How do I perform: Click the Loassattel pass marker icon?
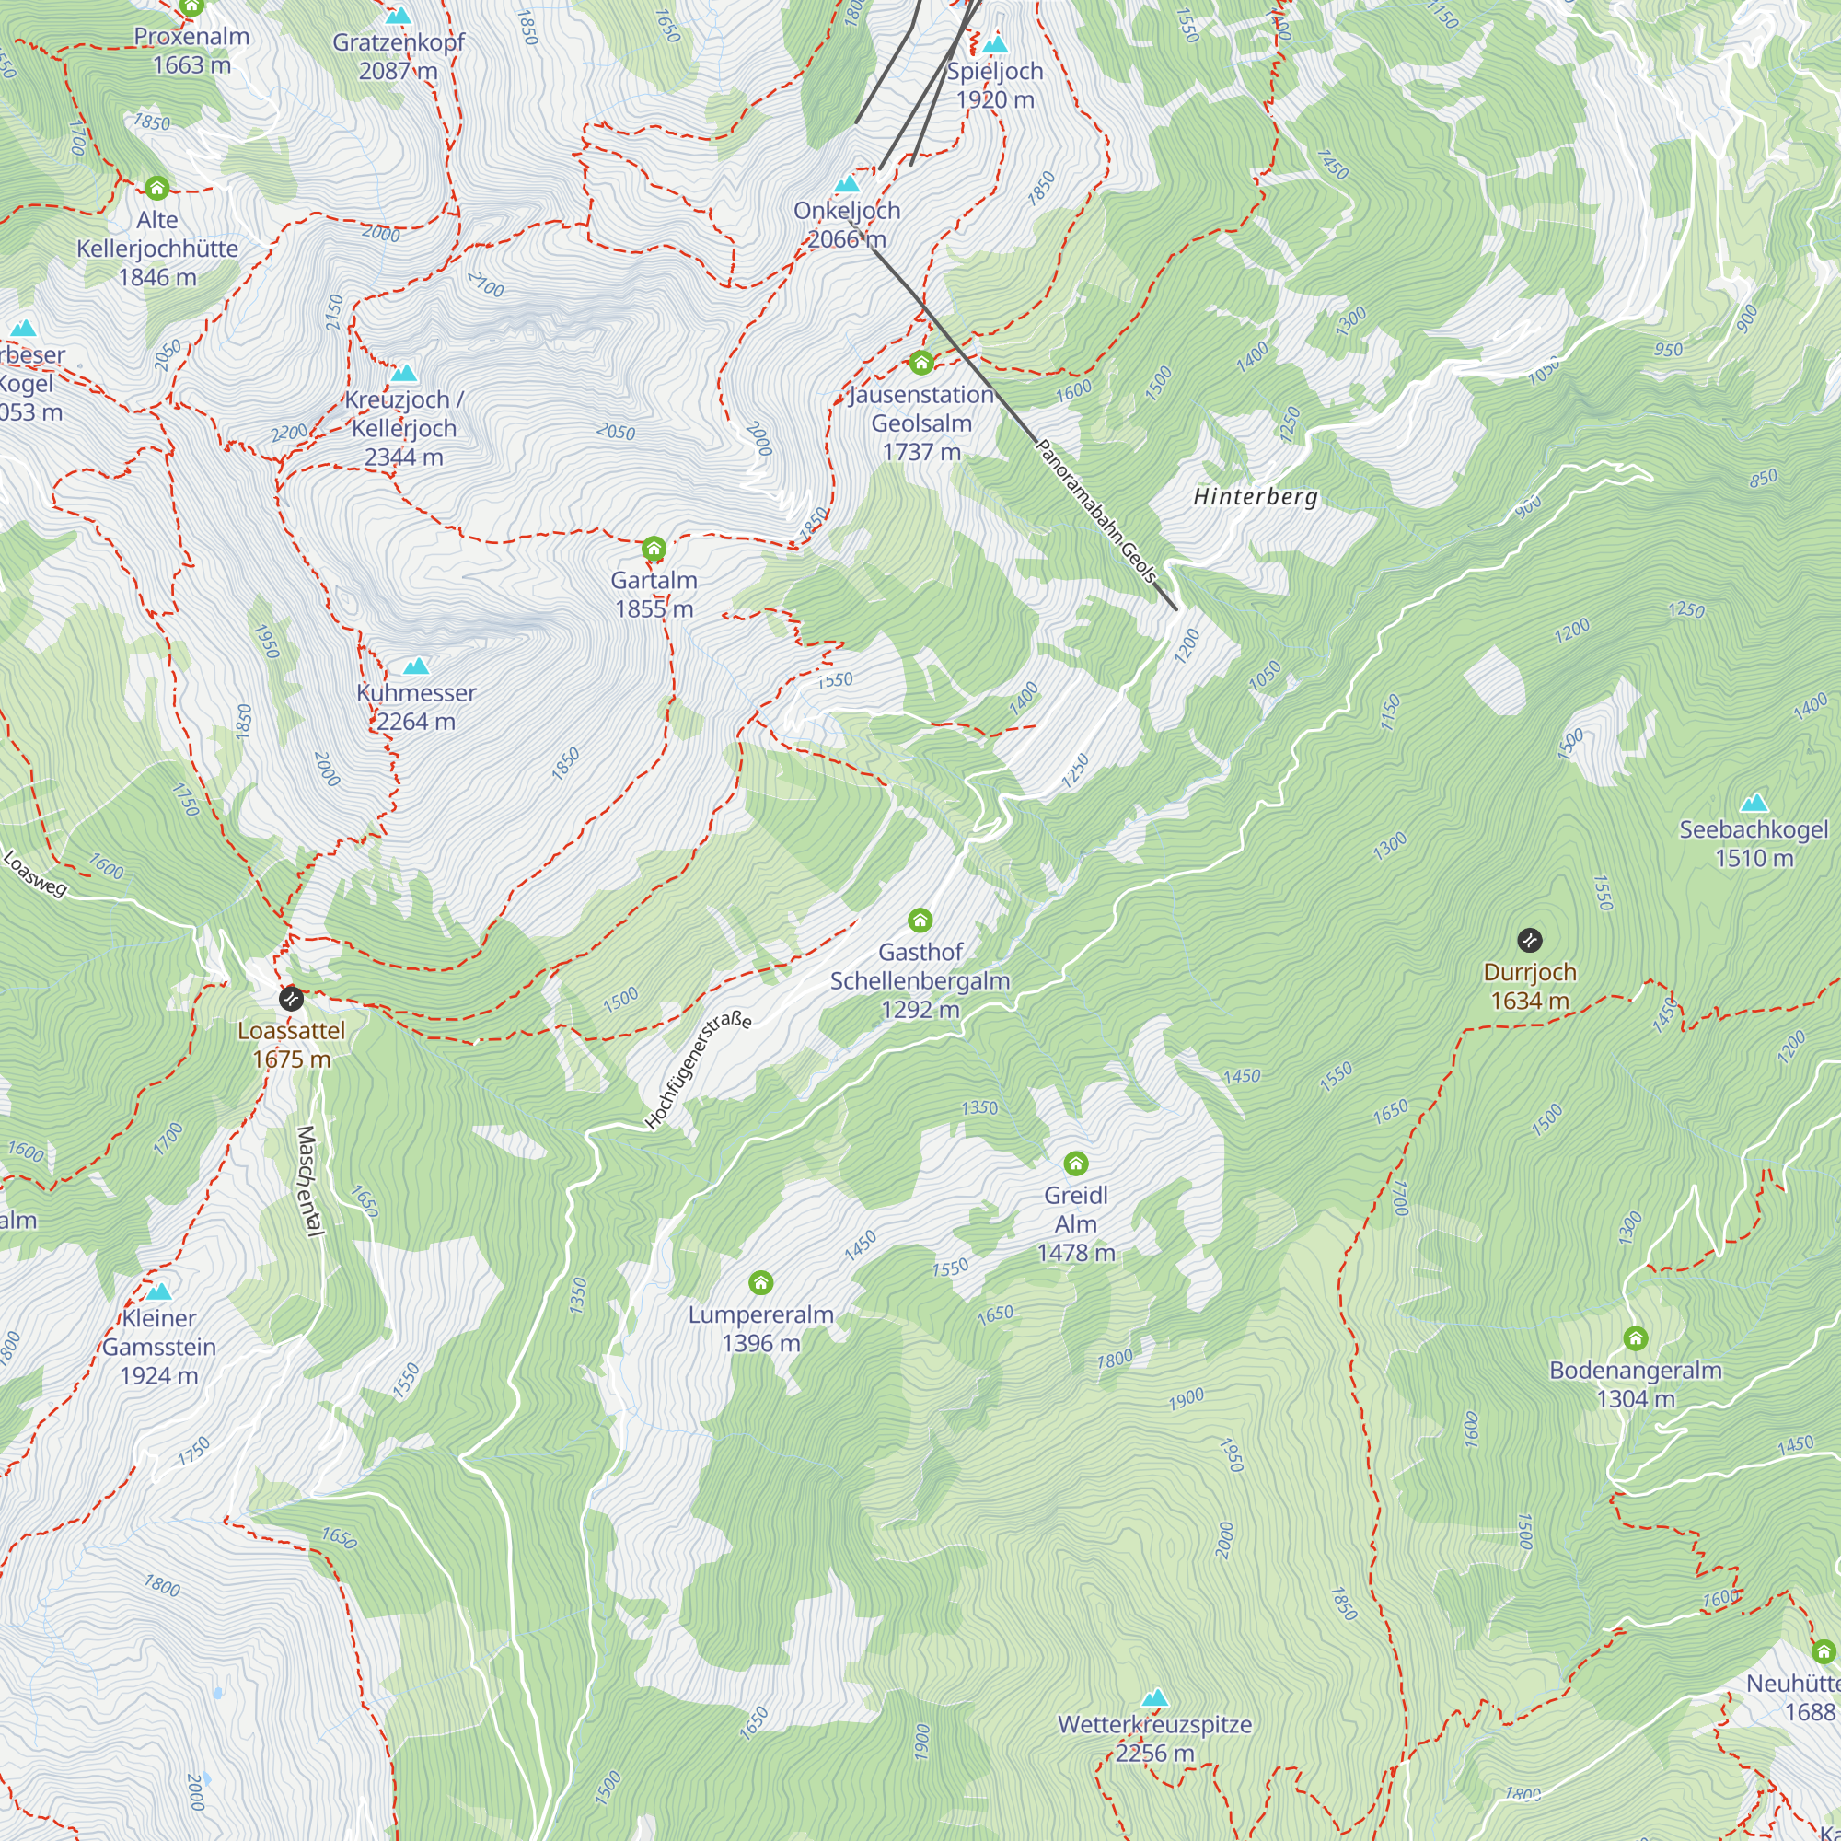tap(292, 999)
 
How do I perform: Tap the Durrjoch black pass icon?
tap(1529, 941)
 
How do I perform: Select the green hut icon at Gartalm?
tap(654, 549)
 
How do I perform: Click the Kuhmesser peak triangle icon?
tap(416, 666)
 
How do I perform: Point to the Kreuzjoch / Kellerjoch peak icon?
tap(404, 373)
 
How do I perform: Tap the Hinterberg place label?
tap(1255, 496)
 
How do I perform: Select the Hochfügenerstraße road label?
tap(698, 1071)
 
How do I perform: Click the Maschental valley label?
tap(307, 1181)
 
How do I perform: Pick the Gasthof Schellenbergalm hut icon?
tap(920, 920)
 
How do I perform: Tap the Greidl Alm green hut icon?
tap(1076, 1164)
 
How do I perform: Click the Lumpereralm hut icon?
tap(760, 1282)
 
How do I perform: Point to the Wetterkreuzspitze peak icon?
tap(1155, 1697)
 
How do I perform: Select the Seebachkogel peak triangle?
tap(1754, 803)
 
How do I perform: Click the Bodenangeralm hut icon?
tap(1635, 1338)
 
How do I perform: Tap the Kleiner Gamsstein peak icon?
tap(159, 1292)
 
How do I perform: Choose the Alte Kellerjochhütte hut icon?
tap(157, 188)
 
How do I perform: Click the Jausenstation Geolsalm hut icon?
tap(920, 363)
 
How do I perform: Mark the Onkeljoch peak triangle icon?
tap(846, 184)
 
